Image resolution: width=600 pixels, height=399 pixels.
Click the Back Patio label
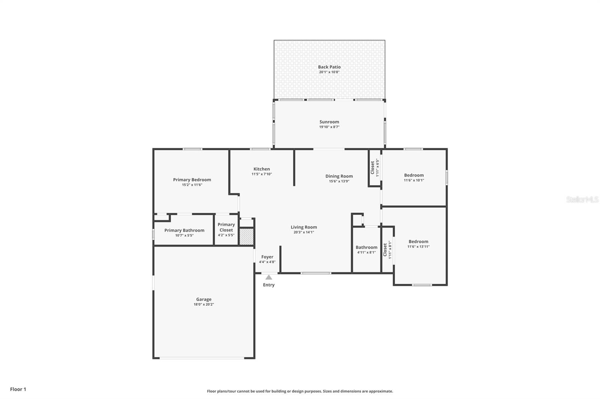[x=329, y=67]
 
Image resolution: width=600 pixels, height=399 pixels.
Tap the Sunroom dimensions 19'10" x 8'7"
[x=329, y=127]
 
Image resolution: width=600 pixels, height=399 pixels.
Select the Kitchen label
[x=261, y=169]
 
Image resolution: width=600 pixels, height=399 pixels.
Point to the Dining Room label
[x=339, y=176]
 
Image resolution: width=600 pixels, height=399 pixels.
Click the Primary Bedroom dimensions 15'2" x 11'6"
[x=192, y=185]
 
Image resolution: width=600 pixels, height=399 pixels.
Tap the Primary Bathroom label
[x=184, y=230]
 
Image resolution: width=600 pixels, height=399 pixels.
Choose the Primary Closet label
[x=226, y=227]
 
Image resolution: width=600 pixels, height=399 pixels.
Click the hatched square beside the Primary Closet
[x=247, y=237]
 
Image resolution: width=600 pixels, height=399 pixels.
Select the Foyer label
[x=267, y=257]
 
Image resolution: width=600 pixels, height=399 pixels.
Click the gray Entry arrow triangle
[x=268, y=277]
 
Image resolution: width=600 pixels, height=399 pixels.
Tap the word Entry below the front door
[x=268, y=285]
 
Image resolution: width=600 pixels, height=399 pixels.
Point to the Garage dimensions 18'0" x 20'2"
[x=204, y=304]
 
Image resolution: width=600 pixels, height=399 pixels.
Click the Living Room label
[x=304, y=227]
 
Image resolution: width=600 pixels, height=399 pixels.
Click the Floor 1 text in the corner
[x=18, y=389]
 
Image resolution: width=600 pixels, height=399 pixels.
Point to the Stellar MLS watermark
[x=582, y=199]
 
